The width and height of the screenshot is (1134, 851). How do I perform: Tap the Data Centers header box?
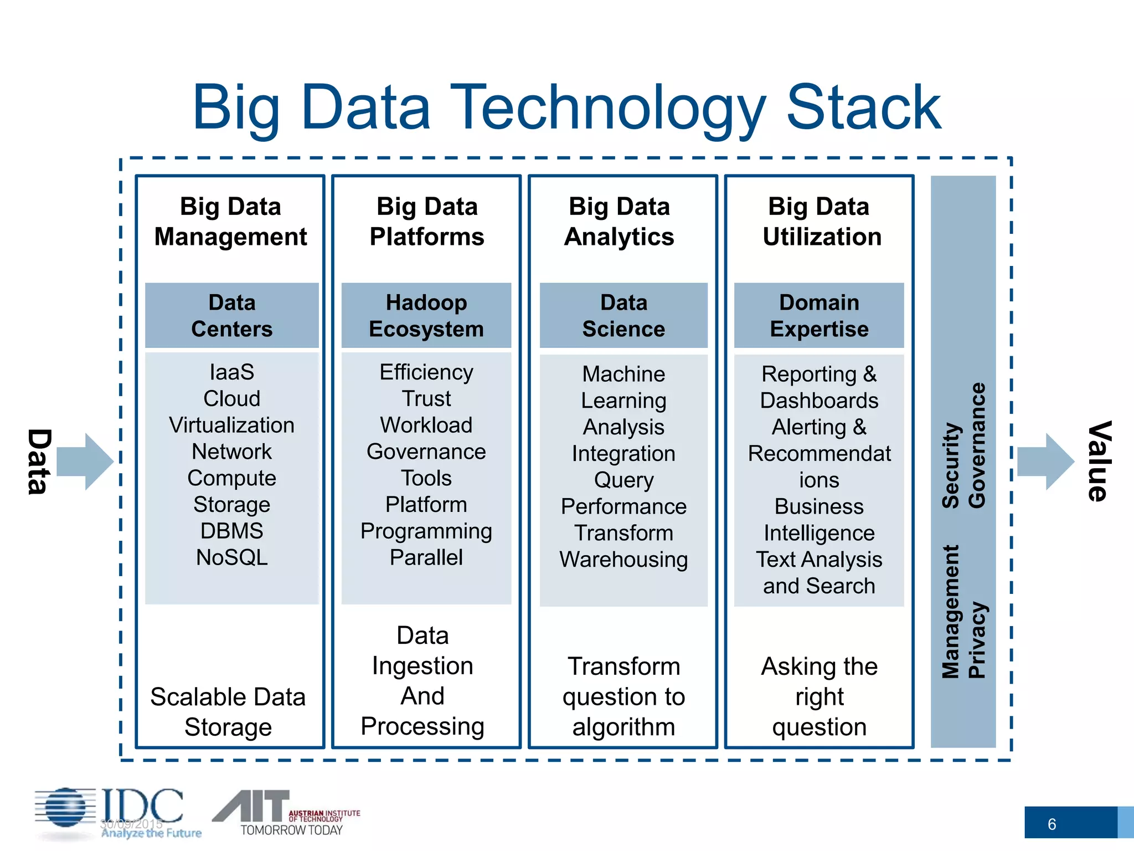[231, 315]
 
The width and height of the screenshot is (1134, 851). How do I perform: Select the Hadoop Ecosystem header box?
[426, 315]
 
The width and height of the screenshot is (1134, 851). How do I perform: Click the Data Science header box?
[623, 315]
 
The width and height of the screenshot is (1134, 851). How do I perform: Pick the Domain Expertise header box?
[818, 315]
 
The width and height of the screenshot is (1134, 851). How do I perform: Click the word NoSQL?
[231, 557]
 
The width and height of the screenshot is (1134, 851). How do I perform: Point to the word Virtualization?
[231, 425]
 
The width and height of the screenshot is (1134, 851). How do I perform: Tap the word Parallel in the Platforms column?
[426, 557]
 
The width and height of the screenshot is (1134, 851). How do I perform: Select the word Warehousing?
[623, 560]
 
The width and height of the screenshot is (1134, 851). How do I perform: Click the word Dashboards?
[818, 401]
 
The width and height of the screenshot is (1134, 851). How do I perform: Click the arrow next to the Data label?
[85, 462]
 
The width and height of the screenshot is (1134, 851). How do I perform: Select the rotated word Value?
[1099, 462]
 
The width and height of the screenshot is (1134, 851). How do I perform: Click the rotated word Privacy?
[977, 640]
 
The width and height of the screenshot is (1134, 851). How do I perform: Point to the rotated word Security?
[951, 465]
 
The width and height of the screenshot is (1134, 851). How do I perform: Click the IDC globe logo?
[65, 809]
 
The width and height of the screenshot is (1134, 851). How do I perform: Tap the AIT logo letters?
[252, 806]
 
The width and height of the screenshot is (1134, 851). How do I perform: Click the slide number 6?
[1051, 824]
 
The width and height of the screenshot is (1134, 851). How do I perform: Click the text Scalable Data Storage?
[228, 712]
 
